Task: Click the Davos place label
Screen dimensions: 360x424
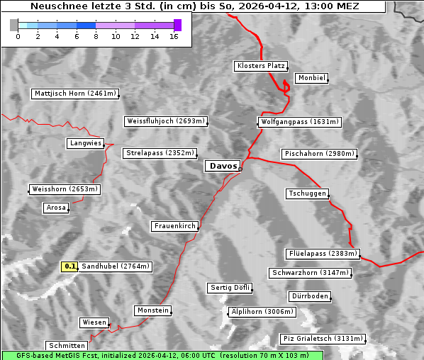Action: point(223,166)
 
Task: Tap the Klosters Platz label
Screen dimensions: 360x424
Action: point(260,66)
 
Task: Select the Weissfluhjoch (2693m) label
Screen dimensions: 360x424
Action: point(165,121)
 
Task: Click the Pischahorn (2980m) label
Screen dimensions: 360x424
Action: point(318,154)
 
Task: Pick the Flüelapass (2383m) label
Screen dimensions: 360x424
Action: point(322,254)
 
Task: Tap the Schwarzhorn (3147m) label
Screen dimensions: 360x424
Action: point(311,273)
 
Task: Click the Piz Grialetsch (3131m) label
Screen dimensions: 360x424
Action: point(323,339)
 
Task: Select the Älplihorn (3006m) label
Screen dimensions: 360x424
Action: point(262,312)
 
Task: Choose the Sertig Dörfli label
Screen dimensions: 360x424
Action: point(230,288)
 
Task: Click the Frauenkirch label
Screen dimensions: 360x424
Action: point(174,226)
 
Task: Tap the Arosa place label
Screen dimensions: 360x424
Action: point(56,208)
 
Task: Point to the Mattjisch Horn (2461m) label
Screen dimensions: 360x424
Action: point(75,94)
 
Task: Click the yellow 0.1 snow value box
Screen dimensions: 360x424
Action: point(69,266)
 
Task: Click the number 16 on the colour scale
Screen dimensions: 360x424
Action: point(174,36)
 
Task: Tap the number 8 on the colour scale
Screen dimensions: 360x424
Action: point(96,36)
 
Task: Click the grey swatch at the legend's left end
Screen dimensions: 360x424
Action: point(14,25)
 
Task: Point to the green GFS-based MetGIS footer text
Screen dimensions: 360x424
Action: point(163,355)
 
